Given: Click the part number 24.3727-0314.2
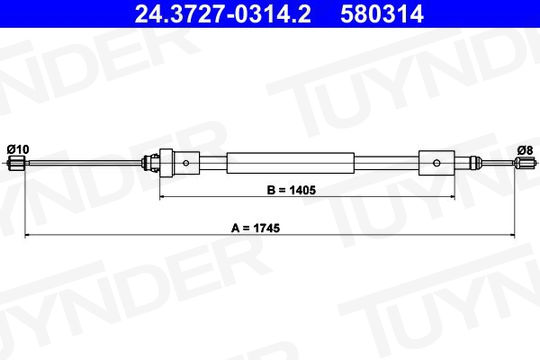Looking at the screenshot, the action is (x=222, y=14).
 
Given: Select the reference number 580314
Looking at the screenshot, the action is (x=382, y=14).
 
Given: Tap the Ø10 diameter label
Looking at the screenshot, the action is (x=18, y=150).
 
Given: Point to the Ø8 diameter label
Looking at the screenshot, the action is (x=525, y=150).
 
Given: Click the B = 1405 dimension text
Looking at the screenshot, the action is (x=291, y=190).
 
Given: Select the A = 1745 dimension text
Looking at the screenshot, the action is (x=256, y=228).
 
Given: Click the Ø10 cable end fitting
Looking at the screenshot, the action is (x=17, y=163).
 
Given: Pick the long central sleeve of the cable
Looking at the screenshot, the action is (x=290, y=163).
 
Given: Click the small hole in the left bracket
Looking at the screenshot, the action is (x=186, y=163).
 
